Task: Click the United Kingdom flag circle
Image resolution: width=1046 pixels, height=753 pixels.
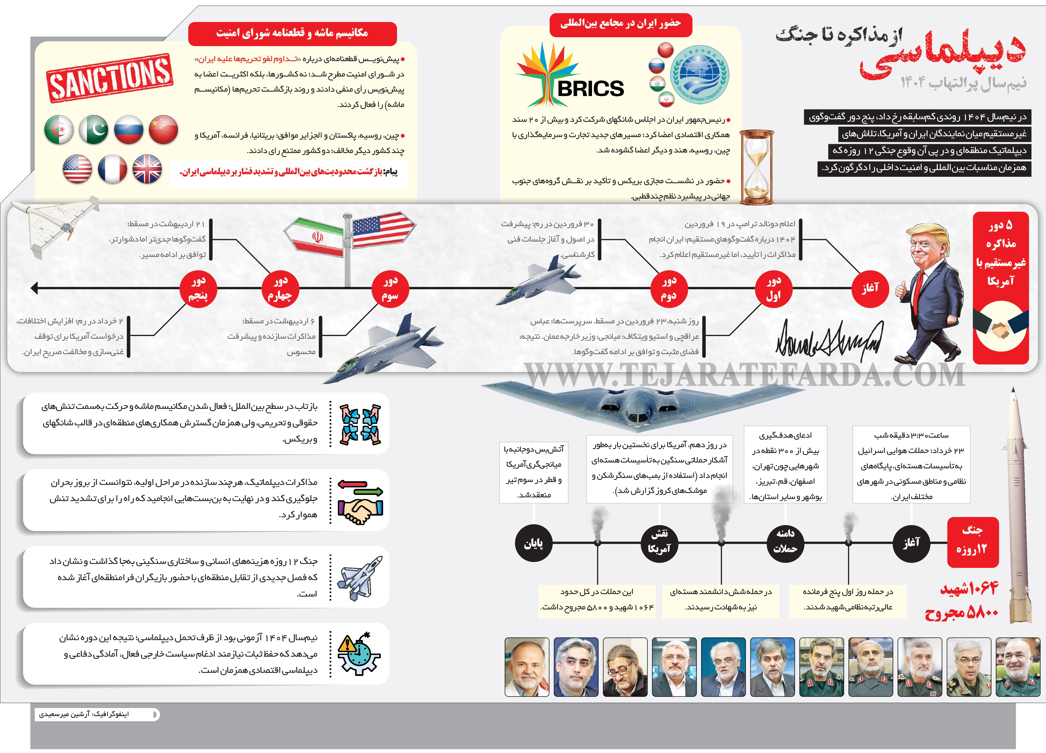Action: [x=147, y=169]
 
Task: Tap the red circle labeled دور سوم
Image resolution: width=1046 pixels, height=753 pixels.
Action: [x=390, y=288]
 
